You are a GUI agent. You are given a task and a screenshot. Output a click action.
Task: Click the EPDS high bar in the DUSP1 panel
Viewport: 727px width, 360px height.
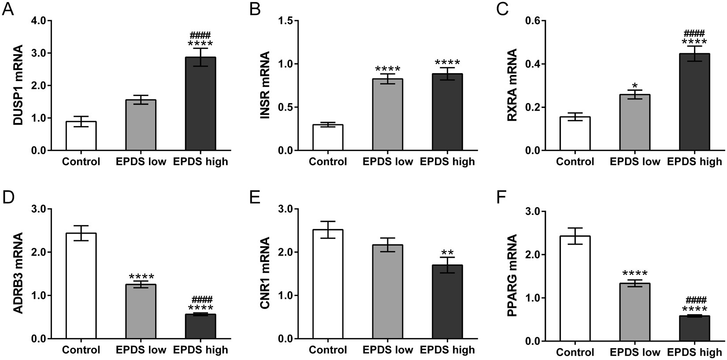[x=200, y=104]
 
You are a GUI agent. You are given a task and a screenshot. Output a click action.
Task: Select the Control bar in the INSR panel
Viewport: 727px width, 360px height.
[x=328, y=138]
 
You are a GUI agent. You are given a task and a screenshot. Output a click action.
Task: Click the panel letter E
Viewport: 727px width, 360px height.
[x=254, y=198]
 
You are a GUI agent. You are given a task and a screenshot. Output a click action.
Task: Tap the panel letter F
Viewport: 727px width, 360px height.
[x=501, y=198]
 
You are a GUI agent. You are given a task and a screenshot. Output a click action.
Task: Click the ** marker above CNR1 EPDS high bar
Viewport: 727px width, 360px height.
[x=447, y=253]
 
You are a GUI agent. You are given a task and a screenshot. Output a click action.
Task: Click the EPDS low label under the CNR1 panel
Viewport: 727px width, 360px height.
[x=388, y=350]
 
